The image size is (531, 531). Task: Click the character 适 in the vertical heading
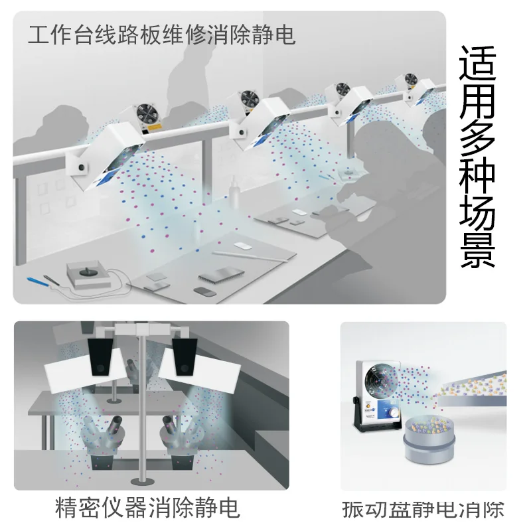click(477, 67)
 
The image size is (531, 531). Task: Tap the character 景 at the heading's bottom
click(477, 250)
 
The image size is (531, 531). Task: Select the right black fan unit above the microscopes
click(184, 356)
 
